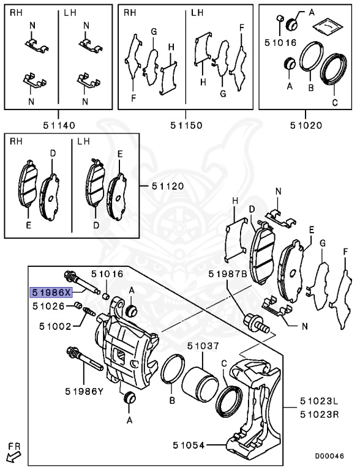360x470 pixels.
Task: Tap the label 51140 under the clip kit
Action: coord(59,125)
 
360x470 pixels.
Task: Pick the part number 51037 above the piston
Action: coord(203,346)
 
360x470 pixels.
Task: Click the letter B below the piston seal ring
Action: coord(172,401)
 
